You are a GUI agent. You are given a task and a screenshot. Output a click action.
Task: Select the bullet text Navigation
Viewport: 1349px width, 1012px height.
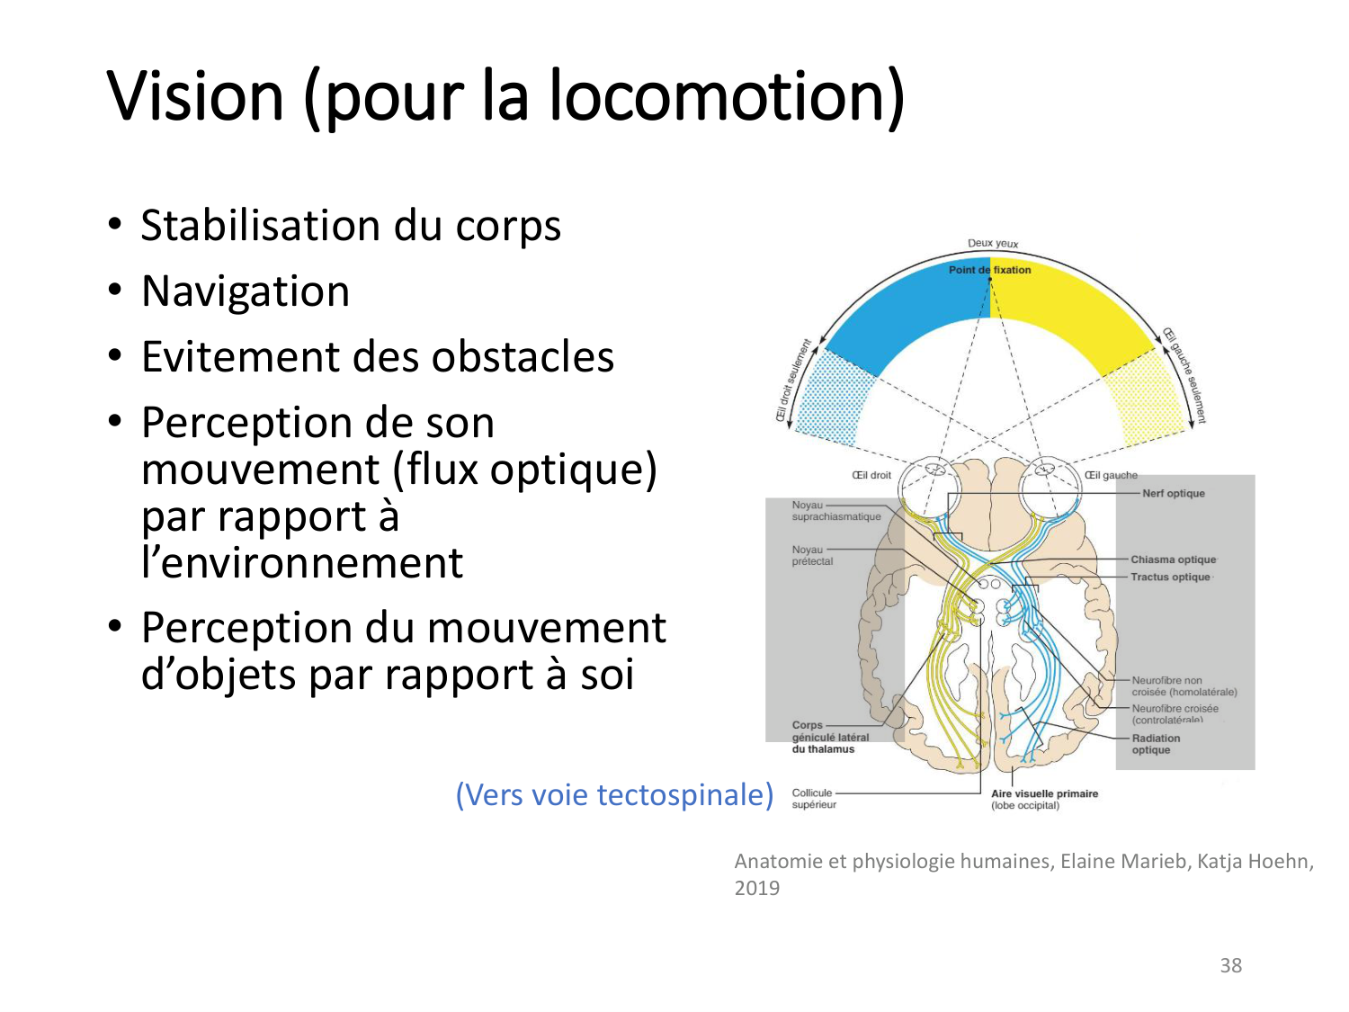[246, 291]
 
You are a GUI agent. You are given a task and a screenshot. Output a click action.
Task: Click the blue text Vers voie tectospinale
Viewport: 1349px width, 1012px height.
[614, 794]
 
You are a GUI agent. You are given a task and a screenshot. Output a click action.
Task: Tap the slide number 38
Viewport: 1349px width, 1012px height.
[1230, 965]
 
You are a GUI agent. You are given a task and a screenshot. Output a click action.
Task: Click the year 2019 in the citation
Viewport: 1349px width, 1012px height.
[757, 888]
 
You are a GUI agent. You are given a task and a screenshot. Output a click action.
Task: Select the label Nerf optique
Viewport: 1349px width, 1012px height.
[1173, 493]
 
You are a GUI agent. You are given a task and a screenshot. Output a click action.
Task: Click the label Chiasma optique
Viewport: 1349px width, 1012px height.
[1173, 560]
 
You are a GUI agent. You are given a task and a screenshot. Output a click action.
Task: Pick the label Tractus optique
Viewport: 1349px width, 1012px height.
[1170, 577]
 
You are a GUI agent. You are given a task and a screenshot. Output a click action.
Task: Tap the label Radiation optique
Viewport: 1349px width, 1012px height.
[1156, 744]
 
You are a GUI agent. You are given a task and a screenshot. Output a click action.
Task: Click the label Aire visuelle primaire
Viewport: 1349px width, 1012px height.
[1044, 794]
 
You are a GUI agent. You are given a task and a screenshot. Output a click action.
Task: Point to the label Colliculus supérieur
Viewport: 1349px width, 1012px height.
[813, 799]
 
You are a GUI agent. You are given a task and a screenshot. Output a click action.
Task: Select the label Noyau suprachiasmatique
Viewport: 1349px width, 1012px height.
[835, 511]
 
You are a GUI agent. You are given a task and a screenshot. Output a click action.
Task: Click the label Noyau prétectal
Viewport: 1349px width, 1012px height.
[812, 555]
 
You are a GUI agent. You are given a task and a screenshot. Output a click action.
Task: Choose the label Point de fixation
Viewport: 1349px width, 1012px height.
[989, 270]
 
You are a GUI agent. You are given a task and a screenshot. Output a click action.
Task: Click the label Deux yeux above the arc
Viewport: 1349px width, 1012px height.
[993, 243]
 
